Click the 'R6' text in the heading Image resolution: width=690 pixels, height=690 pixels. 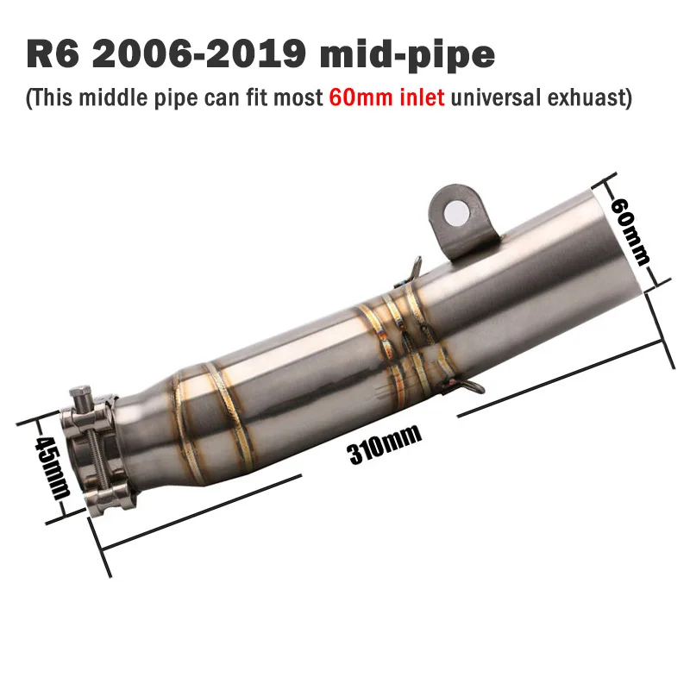pyautogui.click(x=53, y=53)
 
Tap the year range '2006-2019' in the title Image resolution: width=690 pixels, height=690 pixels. pyautogui.click(x=199, y=53)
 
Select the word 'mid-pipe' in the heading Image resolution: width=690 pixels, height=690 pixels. pyautogui.click(x=407, y=55)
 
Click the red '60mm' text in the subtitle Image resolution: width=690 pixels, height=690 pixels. pyautogui.click(x=361, y=97)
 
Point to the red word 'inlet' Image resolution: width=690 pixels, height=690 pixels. pyautogui.click(x=422, y=97)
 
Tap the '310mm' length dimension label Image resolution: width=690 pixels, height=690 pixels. pyautogui.click(x=384, y=444)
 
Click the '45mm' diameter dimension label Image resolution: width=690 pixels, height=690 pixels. pyautogui.click(x=53, y=467)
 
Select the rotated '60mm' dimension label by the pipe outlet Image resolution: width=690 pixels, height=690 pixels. pyautogui.click(x=630, y=232)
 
